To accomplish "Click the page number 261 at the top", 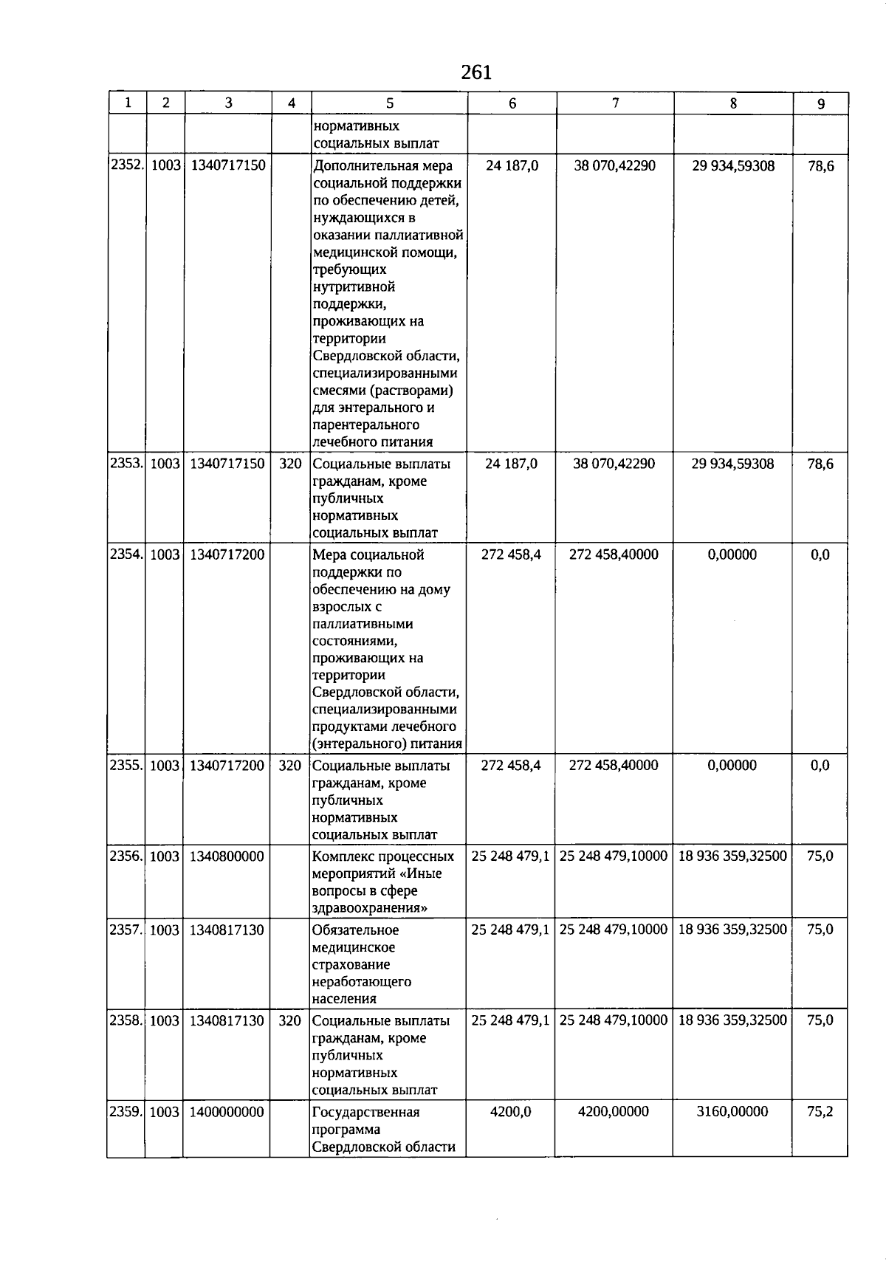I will [x=475, y=72].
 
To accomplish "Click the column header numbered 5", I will [x=389, y=104].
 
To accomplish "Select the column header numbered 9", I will [x=821, y=104].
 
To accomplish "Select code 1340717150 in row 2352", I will [x=227, y=166].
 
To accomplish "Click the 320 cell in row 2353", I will [x=290, y=464].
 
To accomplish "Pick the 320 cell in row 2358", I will [x=290, y=1021].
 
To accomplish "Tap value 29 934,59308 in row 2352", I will [x=733, y=166].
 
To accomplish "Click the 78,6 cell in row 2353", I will [x=820, y=464].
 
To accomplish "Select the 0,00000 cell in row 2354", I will [x=732, y=554].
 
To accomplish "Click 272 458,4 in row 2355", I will [x=511, y=766].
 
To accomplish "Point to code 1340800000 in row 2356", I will [x=227, y=856].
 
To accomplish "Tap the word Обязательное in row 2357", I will [x=356, y=930].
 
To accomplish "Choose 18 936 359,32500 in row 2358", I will [x=732, y=1021].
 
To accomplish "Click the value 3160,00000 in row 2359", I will [x=732, y=1112].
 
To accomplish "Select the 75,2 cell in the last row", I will [x=820, y=1112].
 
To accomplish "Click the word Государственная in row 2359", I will [x=366, y=1113].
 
